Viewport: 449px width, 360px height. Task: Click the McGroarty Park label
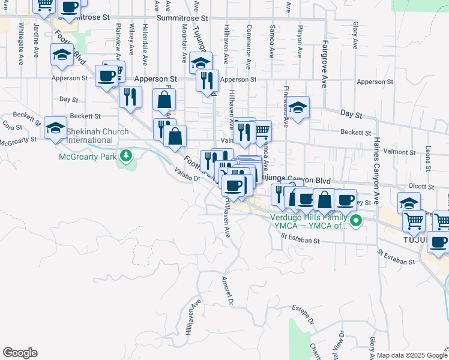coord(88,157)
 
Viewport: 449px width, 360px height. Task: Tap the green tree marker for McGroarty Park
coord(125,157)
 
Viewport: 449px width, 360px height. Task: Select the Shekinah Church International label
coord(97,136)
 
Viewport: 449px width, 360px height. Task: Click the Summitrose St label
coord(182,19)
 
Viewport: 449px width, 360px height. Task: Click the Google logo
coord(20,353)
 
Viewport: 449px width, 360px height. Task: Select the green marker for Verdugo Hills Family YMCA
coord(356,221)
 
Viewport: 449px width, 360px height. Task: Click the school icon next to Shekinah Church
coord(55,128)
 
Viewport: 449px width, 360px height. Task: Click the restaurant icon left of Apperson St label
coord(130,97)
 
